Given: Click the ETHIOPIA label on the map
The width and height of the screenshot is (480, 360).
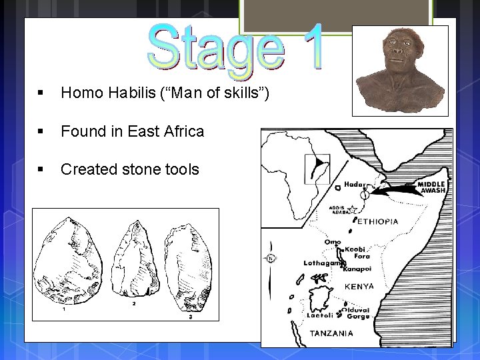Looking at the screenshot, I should tap(378, 221).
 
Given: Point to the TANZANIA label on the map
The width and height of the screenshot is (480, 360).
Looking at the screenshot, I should tap(331, 333).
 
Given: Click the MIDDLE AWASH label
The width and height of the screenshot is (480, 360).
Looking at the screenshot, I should tap(431, 187).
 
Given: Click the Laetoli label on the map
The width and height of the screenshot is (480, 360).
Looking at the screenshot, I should tap(319, 315).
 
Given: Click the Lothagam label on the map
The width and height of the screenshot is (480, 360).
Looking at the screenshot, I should tap(322, 263).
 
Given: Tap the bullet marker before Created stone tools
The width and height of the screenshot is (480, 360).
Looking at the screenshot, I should tap(41, 169).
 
